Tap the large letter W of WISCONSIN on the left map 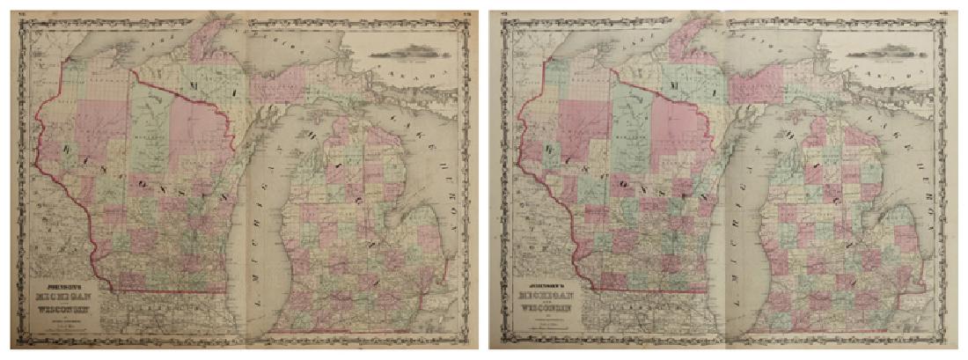coord(67,152)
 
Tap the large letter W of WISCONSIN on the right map coord(551,152)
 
